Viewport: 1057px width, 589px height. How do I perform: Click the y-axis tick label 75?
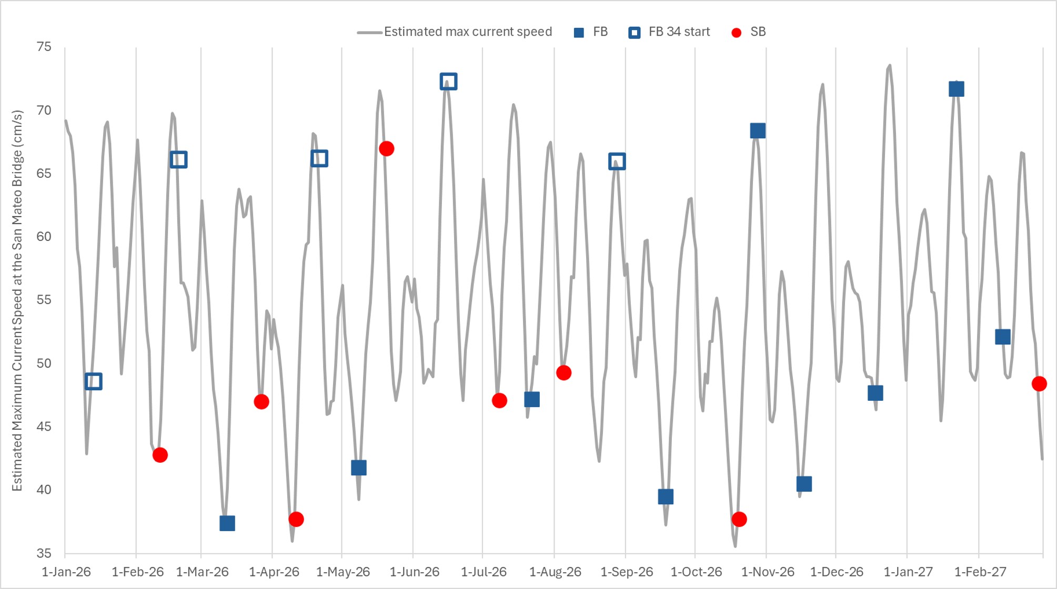[44, 47]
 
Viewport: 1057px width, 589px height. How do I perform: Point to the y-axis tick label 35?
[44, 553]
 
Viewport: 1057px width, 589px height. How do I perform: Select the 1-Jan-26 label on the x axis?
[66, 572]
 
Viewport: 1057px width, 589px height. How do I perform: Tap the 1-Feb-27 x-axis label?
[980, 572]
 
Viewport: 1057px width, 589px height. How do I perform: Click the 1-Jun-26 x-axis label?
[415, 572]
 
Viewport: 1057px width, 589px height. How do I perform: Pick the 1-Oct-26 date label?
[696, 572]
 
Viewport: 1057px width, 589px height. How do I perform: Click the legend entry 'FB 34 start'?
[679, 32]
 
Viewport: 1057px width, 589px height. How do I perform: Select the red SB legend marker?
[737, 33]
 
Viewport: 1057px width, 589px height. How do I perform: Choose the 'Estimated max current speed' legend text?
[468, 32]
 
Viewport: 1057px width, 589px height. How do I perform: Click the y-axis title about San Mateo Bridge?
[17, 300]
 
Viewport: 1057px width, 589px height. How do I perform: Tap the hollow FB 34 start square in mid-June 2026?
[448, 82]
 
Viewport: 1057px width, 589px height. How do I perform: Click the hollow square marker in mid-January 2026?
[94, 381]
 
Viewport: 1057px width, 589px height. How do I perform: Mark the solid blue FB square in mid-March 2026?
[227, 523]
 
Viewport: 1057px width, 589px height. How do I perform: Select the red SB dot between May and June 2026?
[387, 149]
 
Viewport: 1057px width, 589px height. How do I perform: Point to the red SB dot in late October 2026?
[739, 520]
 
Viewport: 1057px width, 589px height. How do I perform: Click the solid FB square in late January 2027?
[957, 89]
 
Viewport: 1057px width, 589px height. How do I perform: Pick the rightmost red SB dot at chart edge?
[1039, 384]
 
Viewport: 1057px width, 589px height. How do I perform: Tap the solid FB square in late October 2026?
[758, 130]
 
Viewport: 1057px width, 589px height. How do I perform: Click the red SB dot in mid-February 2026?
[160, 455]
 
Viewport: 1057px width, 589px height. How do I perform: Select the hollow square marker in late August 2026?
[617, 161]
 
